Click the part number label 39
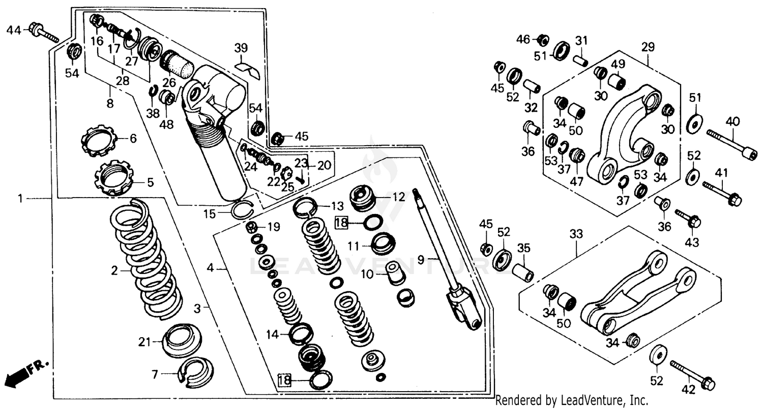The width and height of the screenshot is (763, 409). tap(241, 48)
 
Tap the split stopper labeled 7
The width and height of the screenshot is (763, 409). tap(195, 369)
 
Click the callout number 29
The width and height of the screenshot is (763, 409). tap(648, 47)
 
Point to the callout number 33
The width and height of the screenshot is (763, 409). tap(576, 235)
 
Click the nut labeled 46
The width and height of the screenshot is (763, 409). tap(542, 39)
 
